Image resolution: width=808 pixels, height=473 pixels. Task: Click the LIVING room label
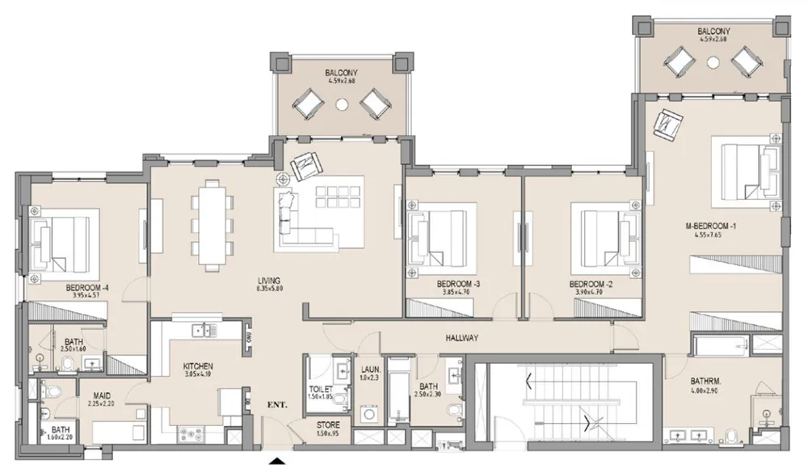(267, 281)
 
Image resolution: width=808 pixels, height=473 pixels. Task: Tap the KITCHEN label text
(197, 365)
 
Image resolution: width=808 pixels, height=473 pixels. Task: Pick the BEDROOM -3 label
(458, 284)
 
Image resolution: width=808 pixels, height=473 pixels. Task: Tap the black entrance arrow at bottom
(277, 462)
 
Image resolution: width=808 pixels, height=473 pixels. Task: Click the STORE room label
(328, 424)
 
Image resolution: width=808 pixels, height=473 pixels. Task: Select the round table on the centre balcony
(341, 103)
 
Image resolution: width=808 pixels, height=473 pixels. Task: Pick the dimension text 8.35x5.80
(267, 289)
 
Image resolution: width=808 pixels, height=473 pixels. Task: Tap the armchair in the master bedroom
(669, 122)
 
